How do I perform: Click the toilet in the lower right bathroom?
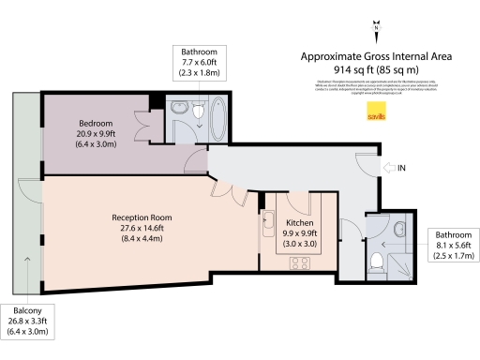378,262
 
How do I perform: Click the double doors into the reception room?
226,187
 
